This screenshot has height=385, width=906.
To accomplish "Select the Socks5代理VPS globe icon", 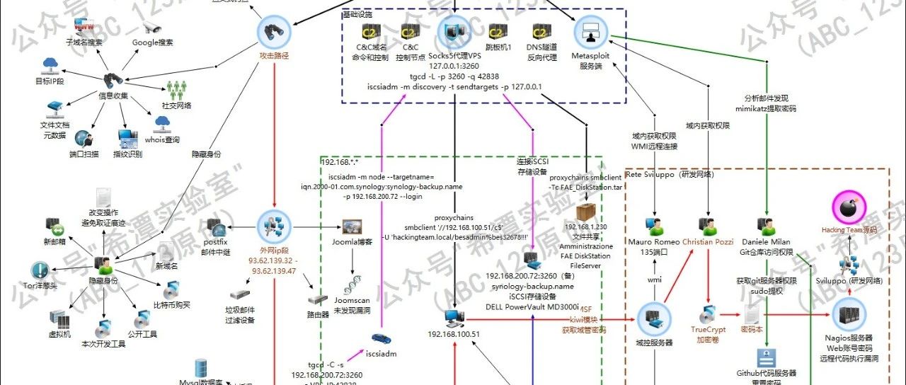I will (x=454, y=31).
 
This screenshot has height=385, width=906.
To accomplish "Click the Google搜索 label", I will (x=152, y=42).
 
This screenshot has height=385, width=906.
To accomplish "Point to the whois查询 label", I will (x=166, y=139).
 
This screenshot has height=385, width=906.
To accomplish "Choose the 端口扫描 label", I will (x=84, y=154).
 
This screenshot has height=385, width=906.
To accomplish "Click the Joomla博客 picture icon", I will (x=352, y=227).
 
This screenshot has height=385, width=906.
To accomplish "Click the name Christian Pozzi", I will (x=708, y=242).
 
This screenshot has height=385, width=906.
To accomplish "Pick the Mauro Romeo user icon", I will (x=653, y=226).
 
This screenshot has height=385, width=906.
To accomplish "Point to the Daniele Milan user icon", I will (x=767, y=224).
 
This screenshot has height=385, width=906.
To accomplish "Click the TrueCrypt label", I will (x=709, y=329).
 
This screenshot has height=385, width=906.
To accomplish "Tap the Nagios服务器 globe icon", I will (x=849, y=314).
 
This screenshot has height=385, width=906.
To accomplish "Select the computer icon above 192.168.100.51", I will (x=454, y=318).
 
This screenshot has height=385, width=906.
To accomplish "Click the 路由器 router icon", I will (x=318, y=299).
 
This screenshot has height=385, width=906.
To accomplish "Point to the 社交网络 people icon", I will (x=176, y=90).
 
